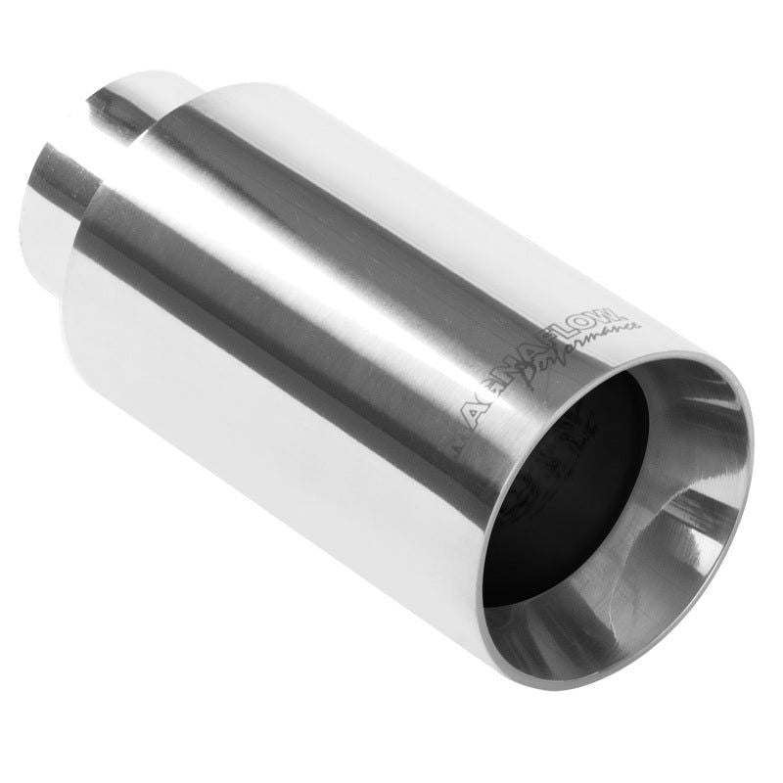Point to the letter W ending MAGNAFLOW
pos(610,316)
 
